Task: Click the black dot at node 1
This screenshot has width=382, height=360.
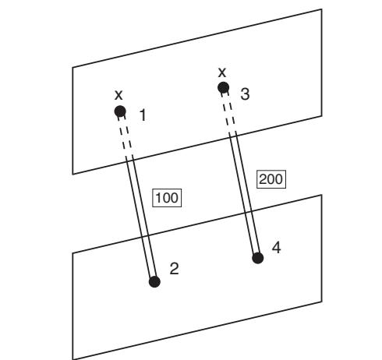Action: (120, 111)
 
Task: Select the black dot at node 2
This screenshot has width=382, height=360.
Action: (154, 282)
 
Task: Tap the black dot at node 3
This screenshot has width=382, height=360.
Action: (224, 87)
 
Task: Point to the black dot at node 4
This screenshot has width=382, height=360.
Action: (258, 258)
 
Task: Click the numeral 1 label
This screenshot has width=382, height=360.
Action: (143, 115)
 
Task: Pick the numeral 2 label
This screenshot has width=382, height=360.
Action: (174, 269)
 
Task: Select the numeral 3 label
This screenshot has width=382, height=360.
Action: (245, 94)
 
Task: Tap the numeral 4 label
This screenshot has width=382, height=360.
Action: (277, 248)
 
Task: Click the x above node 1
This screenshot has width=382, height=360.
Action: (118, 95)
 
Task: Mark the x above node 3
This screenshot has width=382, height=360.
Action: (222, 72)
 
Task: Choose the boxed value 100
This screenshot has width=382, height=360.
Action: (167, 198)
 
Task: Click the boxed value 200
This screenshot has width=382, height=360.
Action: (271, 179)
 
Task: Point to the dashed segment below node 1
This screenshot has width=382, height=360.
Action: (125, 136)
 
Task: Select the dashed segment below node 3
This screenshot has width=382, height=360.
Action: (228, 112)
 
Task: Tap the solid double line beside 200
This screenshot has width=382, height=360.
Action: (244, 193)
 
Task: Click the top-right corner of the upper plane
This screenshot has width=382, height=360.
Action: (322, 9)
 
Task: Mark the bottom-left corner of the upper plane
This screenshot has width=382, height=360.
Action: (73, 174)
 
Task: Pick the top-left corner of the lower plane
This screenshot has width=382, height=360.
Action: (73, 252)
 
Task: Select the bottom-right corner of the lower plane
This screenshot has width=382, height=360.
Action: (322, 302)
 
